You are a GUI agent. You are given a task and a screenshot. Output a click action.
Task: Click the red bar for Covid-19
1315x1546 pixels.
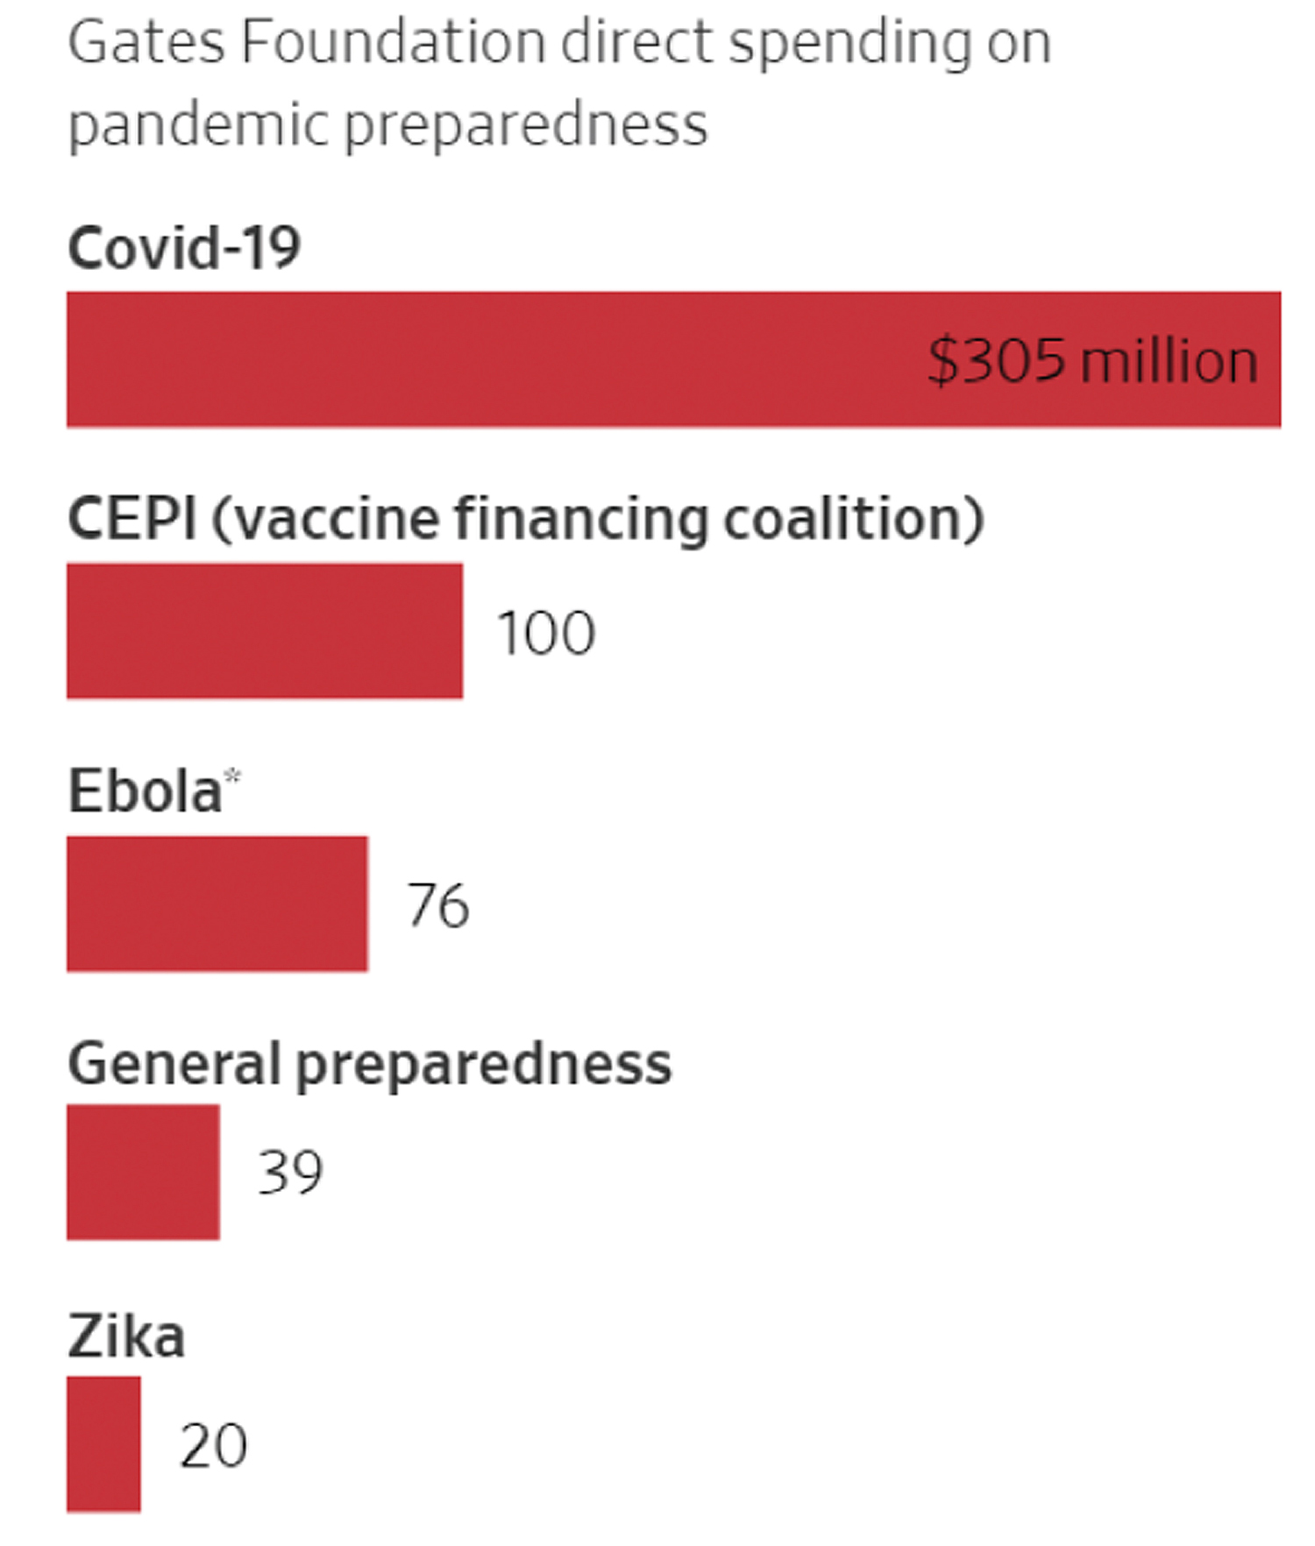[x=491, y=359]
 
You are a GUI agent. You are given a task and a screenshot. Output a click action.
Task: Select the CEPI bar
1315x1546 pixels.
[x=264, y=631]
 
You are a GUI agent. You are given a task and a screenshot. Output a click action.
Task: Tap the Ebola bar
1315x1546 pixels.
[x=217, y=904]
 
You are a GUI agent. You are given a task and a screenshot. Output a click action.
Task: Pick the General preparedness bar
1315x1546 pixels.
[x=143, y=1172]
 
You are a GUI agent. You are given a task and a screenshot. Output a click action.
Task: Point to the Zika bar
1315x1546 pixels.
[x=103, y=1443]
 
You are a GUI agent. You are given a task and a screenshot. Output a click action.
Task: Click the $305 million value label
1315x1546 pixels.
[x=1092, y=360]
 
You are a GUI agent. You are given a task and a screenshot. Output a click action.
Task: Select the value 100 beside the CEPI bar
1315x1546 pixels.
[x=545, y=633]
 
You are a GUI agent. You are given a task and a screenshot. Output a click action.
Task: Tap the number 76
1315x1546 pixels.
[x=437, y=905]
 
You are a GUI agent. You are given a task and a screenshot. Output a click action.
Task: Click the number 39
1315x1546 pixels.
[x=289, y=1173]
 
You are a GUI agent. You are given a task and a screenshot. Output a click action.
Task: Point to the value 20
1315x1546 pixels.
[x=213, y=1445]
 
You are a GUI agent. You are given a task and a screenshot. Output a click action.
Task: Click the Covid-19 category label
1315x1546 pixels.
[x=184, y=247]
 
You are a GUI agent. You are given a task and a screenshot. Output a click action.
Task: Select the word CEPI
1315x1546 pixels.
[x=131, y=518]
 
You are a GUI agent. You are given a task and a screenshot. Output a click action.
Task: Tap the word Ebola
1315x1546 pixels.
[x=145, y=791]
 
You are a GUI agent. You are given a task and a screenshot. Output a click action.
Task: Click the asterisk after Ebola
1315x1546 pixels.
[x=232, y=776]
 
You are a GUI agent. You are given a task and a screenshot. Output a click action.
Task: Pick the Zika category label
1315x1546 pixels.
[x=126, y=1336]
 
